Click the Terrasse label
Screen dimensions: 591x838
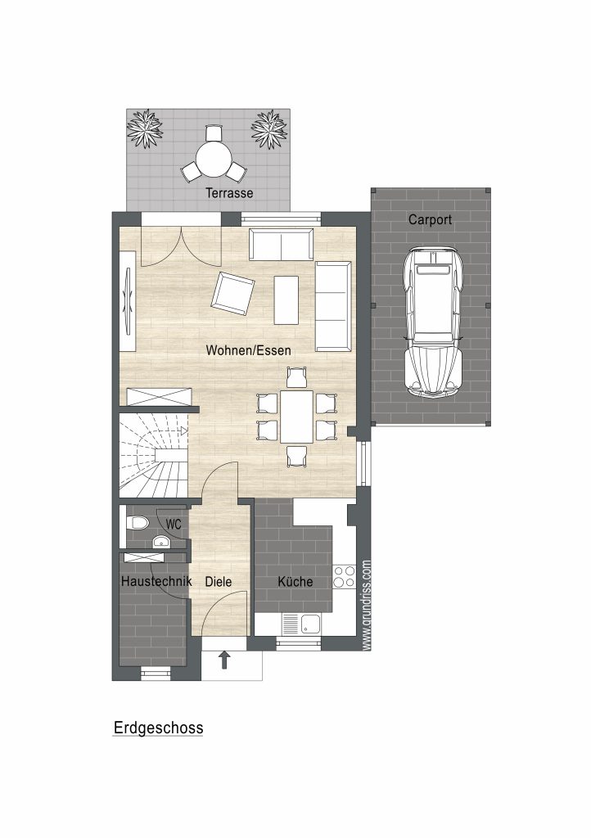[229, 193]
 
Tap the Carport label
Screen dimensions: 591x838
[431, 219]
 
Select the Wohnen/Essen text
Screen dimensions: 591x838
[249, 350]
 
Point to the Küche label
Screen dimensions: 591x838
[295, 582]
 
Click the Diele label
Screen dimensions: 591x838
[219, 582]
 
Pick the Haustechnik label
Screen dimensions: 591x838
[156, 581]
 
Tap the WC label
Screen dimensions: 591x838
[174, 525]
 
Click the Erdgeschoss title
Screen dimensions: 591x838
[158, 728]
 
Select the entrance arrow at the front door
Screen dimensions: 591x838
[225, 660]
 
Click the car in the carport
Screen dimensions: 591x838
[433, 322]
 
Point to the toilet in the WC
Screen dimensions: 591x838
[137, 523]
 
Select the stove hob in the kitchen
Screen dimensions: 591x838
[344, 576]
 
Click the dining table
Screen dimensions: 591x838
[296, 417]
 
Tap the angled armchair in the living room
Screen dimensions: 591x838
[233, 294]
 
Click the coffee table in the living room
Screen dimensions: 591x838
[286, 300]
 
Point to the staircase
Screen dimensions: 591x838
[154, 455]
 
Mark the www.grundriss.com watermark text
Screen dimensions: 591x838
[366, 605]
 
